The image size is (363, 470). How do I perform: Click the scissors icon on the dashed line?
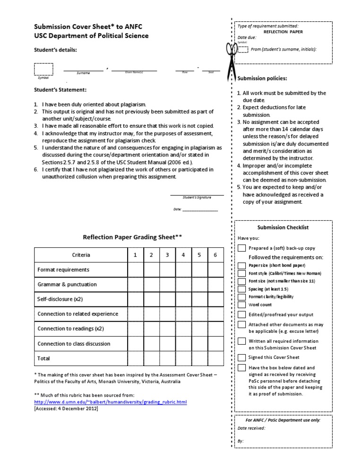(232, 60)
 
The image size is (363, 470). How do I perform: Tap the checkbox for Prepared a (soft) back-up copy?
(242, 248)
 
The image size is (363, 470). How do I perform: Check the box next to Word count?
(242, 305)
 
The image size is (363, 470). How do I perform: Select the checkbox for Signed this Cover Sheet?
(242, 357)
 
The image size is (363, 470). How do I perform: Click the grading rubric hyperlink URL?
(111, 402)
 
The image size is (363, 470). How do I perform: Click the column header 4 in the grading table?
(183, 255)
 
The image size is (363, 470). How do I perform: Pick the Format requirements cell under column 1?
(135, 270)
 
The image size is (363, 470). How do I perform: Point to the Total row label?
(43, 358)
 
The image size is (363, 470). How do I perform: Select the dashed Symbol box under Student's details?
(43, 69)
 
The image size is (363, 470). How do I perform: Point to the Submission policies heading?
(262, 78)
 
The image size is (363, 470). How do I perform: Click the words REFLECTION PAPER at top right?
(283, 32)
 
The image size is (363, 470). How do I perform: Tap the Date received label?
(251, 428)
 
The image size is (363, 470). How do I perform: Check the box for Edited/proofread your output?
(242, 314)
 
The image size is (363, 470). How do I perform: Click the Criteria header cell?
(81, 255)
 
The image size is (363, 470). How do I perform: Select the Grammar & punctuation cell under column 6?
(215, 284)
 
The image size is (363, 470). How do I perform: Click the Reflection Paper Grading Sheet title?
(132, 237)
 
